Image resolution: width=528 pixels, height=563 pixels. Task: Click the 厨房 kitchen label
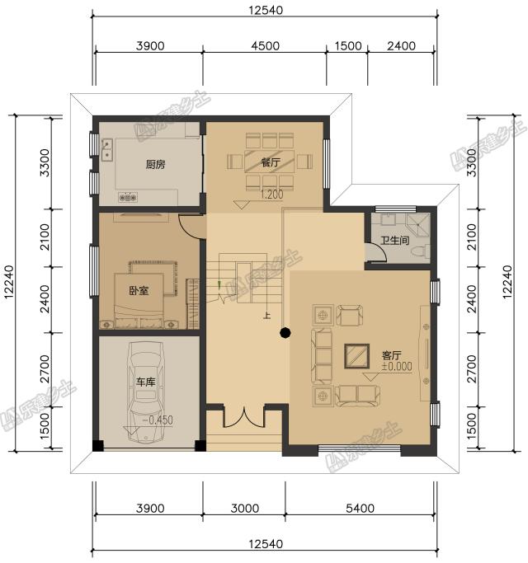155,164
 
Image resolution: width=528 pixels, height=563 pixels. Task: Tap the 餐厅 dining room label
271,162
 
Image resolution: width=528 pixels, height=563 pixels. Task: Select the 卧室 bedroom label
139,290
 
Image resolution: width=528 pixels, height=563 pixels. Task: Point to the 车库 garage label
146,383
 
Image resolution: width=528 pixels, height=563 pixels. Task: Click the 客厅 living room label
391,354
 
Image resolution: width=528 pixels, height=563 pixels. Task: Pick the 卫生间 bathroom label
395,241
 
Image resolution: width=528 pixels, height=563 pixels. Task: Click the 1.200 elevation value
272,195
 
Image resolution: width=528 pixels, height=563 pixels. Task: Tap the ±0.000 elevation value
396,367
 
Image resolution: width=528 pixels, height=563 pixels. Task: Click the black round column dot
285,333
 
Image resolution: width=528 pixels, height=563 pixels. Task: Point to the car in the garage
146,387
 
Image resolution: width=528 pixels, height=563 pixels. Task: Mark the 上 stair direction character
266,315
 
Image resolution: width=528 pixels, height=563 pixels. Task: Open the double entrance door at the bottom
245,415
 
